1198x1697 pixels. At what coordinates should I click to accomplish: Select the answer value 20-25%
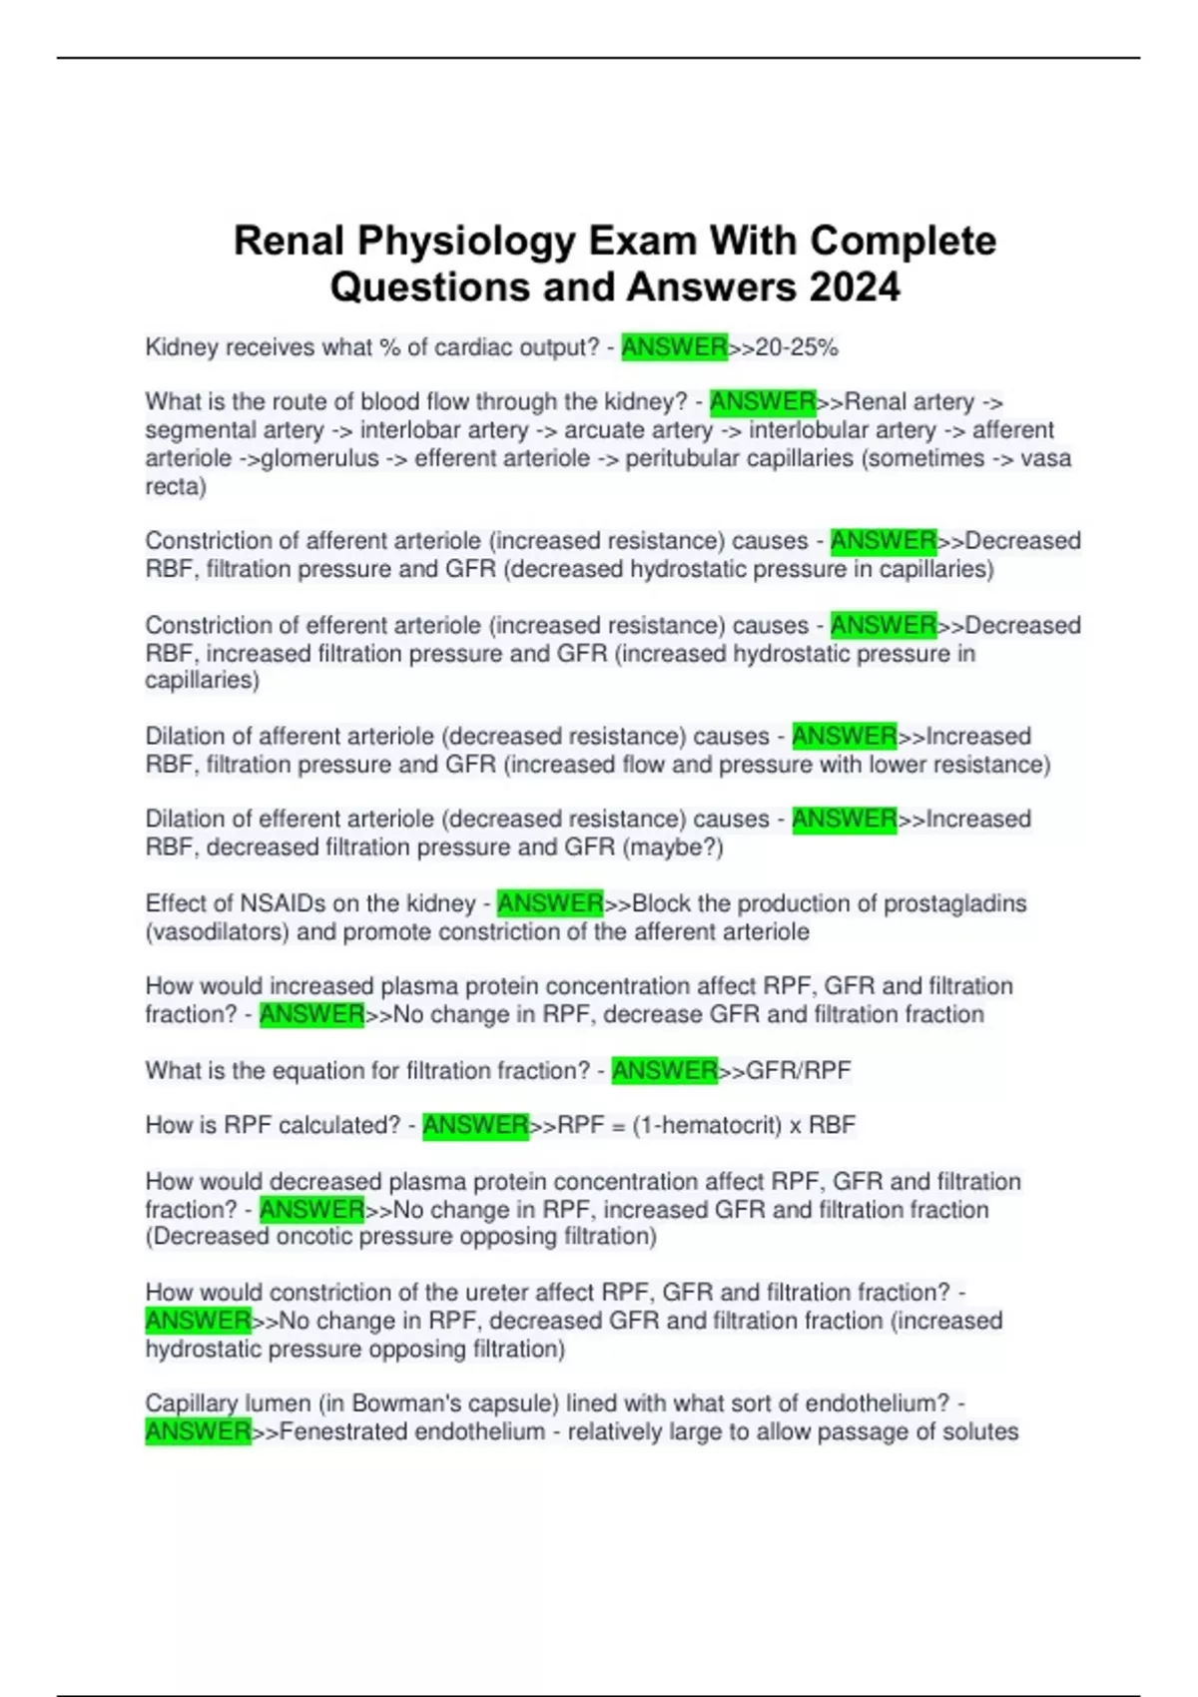tap(797, 347)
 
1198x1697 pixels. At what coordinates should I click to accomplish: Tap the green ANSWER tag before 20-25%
tap(674, 347)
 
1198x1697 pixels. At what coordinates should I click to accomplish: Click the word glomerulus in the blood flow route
tap(319, 458)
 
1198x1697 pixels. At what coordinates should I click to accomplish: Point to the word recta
tap(175, 486)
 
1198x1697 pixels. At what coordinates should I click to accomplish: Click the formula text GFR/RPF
tap(799, 1070)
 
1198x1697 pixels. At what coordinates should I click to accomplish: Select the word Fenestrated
tap(342, 1431)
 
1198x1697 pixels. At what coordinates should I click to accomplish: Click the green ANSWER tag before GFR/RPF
tap(664, 1070)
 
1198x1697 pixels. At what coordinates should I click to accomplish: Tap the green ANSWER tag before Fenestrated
tap(198, 1431)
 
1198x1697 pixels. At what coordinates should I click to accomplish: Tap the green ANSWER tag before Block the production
tap(550, 903)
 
